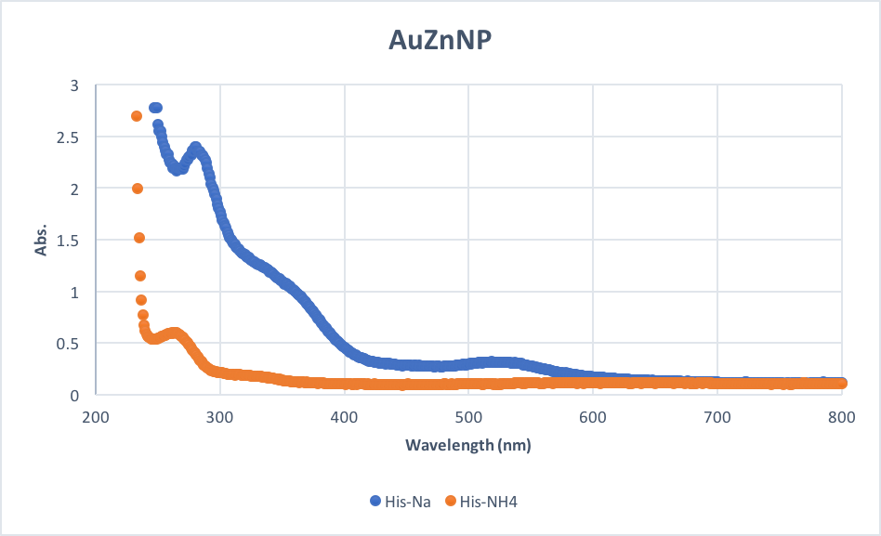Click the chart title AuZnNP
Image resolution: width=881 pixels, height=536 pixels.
pos(440,42)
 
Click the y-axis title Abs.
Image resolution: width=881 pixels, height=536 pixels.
pos(40,240)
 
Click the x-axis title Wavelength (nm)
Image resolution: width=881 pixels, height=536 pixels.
pos(467,445)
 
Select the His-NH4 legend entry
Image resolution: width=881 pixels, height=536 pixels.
pos(487,501)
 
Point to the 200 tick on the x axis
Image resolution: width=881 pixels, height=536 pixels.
pos(96,417)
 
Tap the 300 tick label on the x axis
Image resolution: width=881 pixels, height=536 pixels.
pos(220,417)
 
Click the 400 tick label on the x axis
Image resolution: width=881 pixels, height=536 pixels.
pos(345,417)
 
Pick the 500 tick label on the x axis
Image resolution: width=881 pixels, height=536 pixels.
pos(468,417)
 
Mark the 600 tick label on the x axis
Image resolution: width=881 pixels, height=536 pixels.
pos(593,417)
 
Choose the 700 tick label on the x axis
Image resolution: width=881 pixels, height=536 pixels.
pos(717,417)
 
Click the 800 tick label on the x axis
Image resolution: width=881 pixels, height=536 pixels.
pos(841,417)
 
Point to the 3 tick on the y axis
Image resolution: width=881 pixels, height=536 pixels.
pos(75,85)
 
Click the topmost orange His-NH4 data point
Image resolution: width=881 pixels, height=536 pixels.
pos(137,116)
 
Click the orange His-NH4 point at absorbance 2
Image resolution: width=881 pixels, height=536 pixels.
pos(138,189)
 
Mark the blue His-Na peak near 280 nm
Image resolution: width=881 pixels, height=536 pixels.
pos(195,147)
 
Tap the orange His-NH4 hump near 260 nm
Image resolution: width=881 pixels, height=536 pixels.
pos(172,333)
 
